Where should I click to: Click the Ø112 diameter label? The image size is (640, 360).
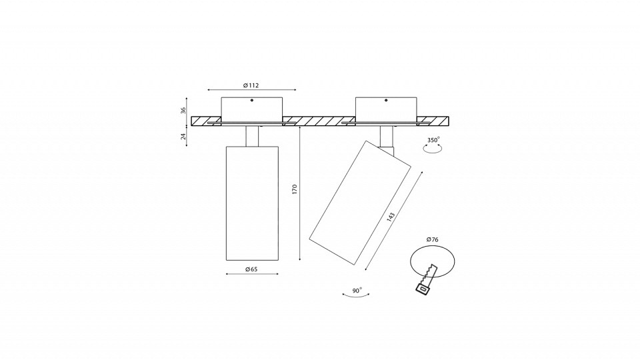click(251, 85)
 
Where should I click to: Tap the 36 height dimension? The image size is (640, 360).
click(183, 110)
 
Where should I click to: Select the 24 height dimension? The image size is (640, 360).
click(183, 136)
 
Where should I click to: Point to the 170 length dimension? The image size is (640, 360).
click(295, 189)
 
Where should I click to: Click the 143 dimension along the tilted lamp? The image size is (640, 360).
click(391, 217)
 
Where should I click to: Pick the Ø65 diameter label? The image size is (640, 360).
click(251, 269)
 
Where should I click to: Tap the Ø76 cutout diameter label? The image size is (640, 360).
click(432, 239)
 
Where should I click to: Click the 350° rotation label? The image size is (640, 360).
click(433, 140)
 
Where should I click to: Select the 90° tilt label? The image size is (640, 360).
click(357, 291)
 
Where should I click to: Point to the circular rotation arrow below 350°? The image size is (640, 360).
click(433, 149)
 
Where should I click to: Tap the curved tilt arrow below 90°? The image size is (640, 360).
click(356, 295)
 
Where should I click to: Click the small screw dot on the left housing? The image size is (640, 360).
click(252, 100)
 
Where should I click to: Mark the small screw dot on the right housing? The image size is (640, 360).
click(386, 100)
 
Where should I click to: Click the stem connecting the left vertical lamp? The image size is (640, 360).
click(252, 136)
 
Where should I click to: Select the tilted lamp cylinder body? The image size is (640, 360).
click(360, 203)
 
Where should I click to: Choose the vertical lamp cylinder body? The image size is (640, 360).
click(252, 203)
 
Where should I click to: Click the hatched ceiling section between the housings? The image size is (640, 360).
click(319, 121)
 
